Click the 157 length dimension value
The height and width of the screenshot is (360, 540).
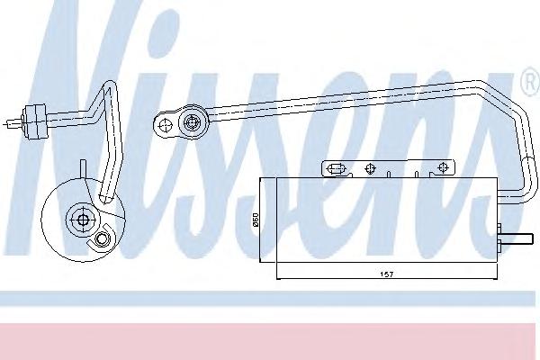pyautogui.click(x=386, y=274)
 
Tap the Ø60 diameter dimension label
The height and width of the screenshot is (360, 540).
pyautogui.click(x=256, y=220)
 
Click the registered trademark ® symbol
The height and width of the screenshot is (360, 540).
pyautogui.click(x=531, y=83)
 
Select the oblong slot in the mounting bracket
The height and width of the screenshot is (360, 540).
pyautogui.click(x=336, y=168)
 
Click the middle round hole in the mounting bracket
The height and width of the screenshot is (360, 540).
pyautogui.click(x=370, y=168)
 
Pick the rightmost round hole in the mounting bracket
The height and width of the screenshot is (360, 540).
pyautogui.click(x=443, y=167)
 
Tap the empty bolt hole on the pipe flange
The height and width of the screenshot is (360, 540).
pyautogui.click(x=166, y=124)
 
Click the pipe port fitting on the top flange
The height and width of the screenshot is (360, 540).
pyautogui.click(x=192, y=122)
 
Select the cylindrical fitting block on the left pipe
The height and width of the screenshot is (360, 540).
pyautogui.click(x=34, y=122)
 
